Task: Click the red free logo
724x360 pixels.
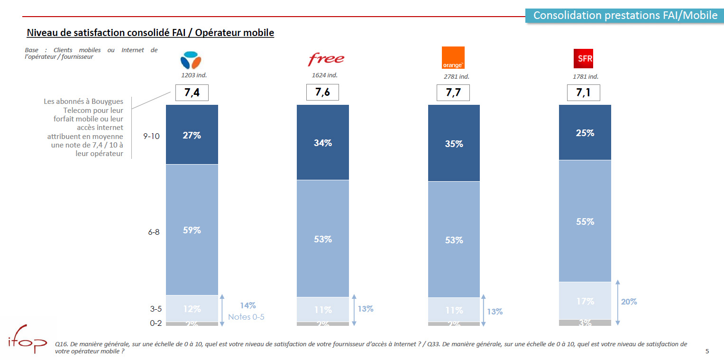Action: [x=326, y=59]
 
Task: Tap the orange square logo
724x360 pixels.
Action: [x=453, y=58]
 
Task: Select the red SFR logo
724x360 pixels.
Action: [x=583, y=59]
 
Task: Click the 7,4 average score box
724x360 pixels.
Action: [x=192, y=93]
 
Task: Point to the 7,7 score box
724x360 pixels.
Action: [x=453, y=93]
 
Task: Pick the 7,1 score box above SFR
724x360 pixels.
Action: [x=583, y=93]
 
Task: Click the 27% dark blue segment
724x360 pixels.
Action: [x=192, y=135]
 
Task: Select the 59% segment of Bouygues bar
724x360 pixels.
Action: [x=192, y=230]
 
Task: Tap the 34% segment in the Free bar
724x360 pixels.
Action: [x=322, y=142]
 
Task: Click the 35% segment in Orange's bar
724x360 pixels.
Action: [x=454, y=143]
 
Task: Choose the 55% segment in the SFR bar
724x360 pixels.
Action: [x=585, y=221]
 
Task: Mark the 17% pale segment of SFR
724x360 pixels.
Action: [x=585, y=301]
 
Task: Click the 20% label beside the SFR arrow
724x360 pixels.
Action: [x=629, y=302]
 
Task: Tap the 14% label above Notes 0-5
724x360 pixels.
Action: [x=247, y=306]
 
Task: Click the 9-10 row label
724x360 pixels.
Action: [x=152, y=136]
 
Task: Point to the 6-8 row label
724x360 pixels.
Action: [x=154, y=232]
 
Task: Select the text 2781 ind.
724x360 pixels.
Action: [x=456, y=76]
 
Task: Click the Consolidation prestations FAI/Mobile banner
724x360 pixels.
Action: [x=625, y=15]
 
